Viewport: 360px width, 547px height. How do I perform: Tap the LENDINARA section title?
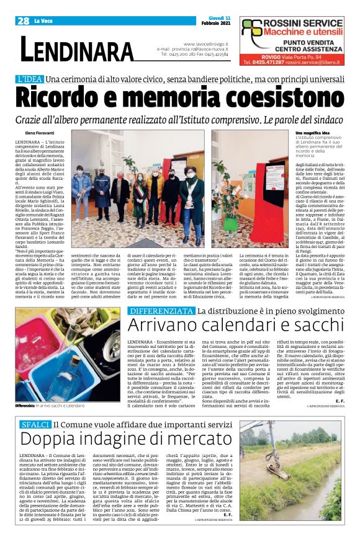(77, 50)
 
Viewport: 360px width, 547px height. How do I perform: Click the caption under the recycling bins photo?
(52, 406)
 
